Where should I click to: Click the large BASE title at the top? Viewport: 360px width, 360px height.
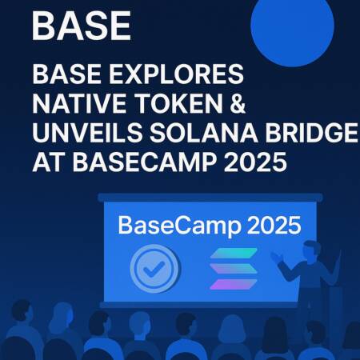(x=81, y=26)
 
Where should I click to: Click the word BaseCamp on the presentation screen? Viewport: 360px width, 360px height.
(x=168, y=226)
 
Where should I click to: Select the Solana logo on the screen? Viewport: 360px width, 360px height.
(x=233, y=270)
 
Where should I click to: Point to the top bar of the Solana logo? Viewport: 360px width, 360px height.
(x=233, y=254)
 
